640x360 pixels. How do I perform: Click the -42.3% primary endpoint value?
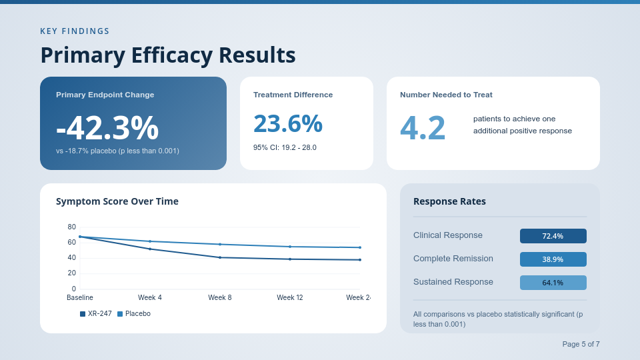[x=107, y=128]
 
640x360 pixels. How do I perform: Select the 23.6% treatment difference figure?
[x=288, y=124]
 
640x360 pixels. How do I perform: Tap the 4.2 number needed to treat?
[x=423, y=128]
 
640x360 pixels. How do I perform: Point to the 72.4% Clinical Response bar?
[x=553, y=236]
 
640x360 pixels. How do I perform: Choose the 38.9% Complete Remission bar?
[x=553, y=259]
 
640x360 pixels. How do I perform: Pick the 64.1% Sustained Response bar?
[x=553, y=283]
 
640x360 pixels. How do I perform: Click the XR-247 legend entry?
[x=96, y=314]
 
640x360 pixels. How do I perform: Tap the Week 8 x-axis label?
[x=220, y=297]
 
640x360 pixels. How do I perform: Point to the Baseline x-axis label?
[x=80, y=297]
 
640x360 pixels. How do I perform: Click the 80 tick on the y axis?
[x=72, y=227]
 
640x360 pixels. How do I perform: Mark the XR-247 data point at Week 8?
[x=220, y=257]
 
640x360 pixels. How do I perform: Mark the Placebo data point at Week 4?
[x=150, y=241]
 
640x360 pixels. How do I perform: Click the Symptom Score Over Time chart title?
[x=117, y=201]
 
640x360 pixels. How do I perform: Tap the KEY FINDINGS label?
[x=75, y=31]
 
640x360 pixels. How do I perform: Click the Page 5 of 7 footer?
[x=581, y=344]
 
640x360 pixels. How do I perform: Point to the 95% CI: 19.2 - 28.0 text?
[x=285, y=147]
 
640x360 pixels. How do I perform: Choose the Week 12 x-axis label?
[x=290, y=297]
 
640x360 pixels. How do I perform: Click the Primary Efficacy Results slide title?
[x=168, y=55]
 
